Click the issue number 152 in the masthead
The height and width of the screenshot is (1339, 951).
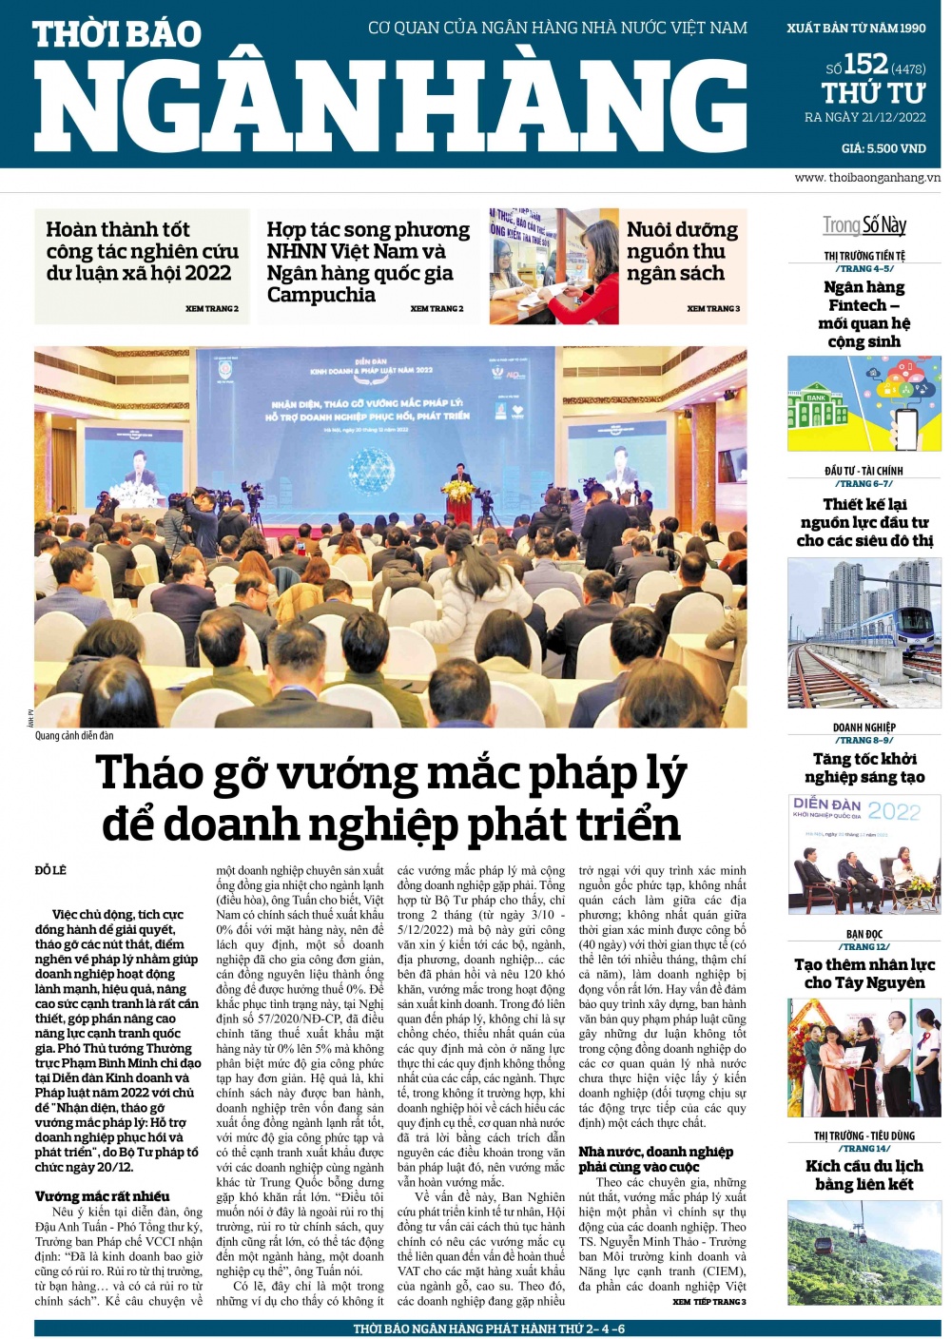point(865,64)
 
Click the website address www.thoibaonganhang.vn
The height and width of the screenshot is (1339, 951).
point(867,178)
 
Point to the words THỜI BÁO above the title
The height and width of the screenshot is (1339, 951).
point(117,35)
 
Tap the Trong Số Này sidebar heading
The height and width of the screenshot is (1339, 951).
point(864,225)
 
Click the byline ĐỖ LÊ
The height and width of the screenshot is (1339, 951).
point(51,870)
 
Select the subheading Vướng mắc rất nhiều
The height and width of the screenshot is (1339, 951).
point(103,1196)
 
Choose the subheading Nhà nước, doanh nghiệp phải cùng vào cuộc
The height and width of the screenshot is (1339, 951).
point(655,1159)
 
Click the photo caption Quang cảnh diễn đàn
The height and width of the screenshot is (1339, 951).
point(74,735)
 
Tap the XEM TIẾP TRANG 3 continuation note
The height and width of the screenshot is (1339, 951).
point(708,1302)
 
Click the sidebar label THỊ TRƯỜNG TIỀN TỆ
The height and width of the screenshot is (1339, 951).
point(864,256)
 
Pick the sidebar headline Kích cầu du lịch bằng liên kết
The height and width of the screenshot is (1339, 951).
point(864,1174)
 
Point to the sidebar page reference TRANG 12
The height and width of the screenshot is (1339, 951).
point(864,946)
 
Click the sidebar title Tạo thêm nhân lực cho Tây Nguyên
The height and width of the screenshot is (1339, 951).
point(864,973)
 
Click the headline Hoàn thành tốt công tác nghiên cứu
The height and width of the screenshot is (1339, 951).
point(142,251)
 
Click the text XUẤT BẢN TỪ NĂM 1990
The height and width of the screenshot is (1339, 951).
point(856,29)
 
